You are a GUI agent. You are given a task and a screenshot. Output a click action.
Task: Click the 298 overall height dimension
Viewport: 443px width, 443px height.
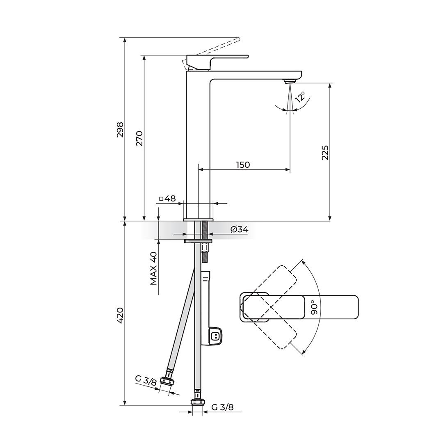[x=120, y=129]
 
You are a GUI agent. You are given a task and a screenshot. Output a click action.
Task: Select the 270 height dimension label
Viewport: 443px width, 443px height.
[x=139, y=138]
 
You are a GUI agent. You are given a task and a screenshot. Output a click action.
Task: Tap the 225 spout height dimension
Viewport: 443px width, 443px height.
[x=325, y=152]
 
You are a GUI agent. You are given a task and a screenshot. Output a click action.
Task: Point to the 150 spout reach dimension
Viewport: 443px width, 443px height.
[x=243, y=164]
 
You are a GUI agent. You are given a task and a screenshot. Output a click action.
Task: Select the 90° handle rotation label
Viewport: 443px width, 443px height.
[x=314, y=307]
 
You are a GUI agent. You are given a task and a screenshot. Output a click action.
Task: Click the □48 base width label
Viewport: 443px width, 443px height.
[x=167, y=199]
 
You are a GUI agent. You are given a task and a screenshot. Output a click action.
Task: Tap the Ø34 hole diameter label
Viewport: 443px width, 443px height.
[x=239, y=230]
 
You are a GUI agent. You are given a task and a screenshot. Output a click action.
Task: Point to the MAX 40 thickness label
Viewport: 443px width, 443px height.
[x=153, y=268]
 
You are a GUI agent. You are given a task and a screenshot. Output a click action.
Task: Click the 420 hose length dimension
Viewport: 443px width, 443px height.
[x=120, y=315]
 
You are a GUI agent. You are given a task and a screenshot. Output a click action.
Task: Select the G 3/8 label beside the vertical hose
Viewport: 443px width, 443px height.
[x=222, y=407]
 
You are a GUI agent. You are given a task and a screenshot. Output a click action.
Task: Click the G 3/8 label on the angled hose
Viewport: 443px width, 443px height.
[x=146, y=380]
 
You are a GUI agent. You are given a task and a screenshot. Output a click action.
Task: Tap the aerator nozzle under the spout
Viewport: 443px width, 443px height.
[x=290, y=81]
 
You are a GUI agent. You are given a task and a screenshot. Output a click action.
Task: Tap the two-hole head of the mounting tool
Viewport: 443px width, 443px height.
[x=215, y=336]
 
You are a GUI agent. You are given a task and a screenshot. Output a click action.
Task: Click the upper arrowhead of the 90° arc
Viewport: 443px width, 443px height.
[x=303, y=261]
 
